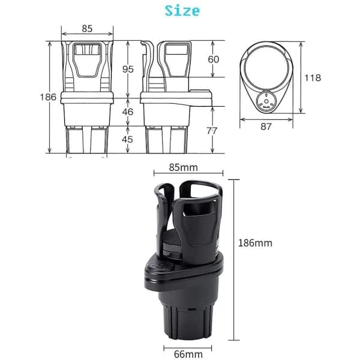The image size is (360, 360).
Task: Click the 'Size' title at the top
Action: click(x=182, y=11)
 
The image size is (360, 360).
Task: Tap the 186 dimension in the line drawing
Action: click(x=48, y=97)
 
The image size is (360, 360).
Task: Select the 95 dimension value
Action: click(x=128, y=69)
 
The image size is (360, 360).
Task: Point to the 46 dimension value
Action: click(x=128, y=112)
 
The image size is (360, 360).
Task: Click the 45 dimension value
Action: click(x=127, y=139)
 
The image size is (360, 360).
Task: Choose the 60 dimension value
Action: click(x=214, y=59)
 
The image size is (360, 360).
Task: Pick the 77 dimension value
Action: click(x=211, y=131)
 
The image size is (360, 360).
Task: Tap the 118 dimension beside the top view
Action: click(x=313, y=78)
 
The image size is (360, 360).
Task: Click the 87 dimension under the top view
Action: click(x=266, y=127)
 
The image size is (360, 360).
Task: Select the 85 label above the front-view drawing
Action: click(x=87, y=29)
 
